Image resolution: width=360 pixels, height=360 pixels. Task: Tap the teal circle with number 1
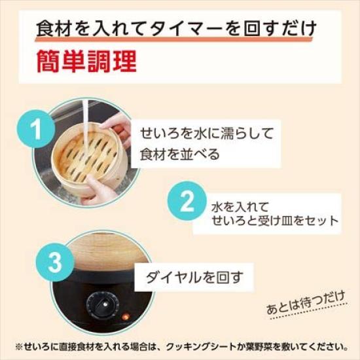coord(38,129)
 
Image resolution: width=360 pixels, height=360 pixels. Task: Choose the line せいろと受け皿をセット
coord(275,221)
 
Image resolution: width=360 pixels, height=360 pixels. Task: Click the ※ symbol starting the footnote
coord(18,346)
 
